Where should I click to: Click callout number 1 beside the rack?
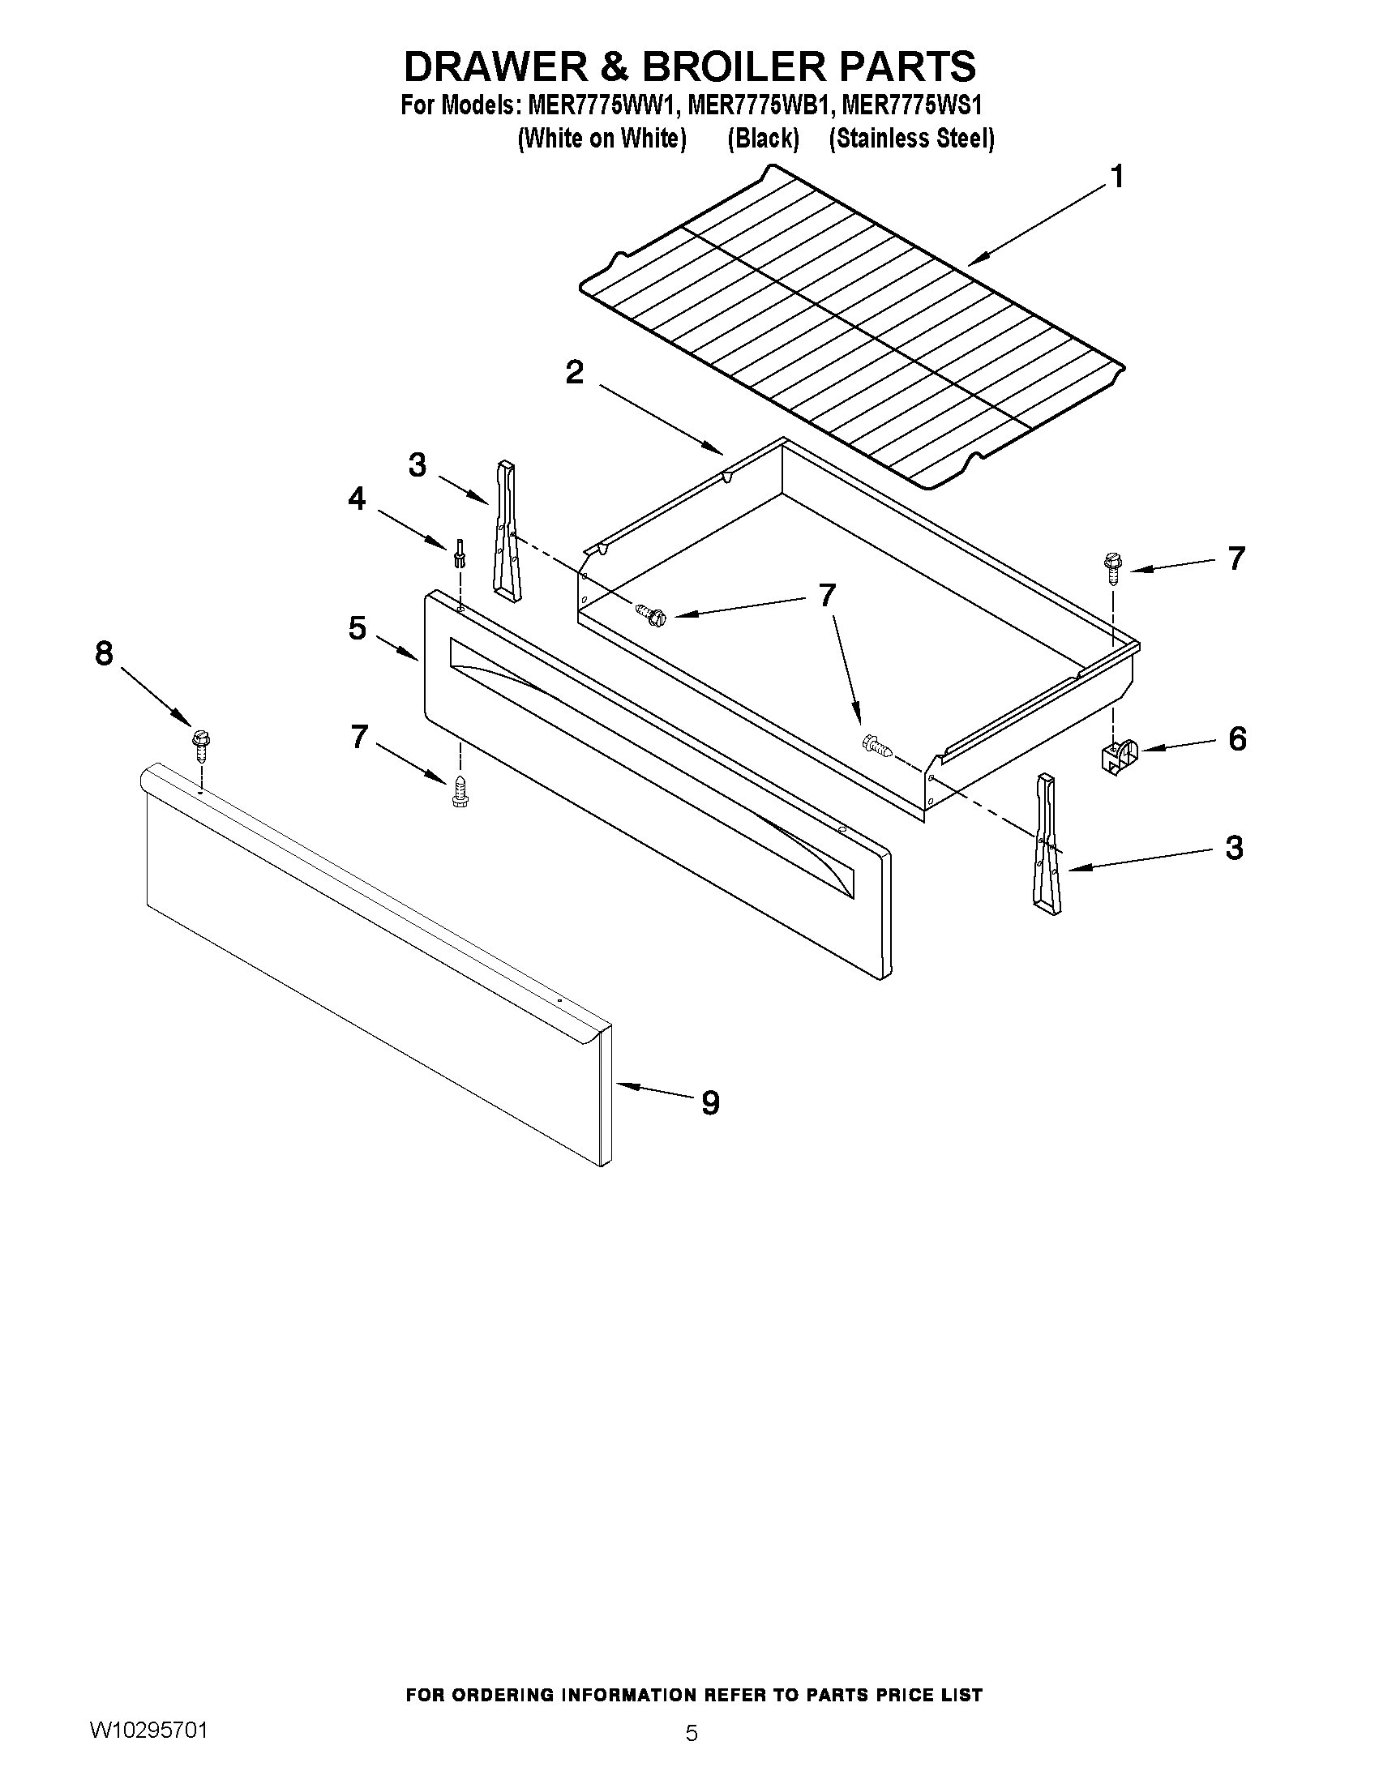[x=1117, y=177]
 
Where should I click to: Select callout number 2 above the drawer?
[x=574, y=373]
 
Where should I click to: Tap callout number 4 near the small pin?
[x=357, y=498]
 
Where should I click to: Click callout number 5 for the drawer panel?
[x=357, y=628]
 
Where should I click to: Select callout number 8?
[x=104, y=653]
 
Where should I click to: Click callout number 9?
[x=710, y=1104]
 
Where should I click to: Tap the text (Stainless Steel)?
[x=912, y=139]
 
